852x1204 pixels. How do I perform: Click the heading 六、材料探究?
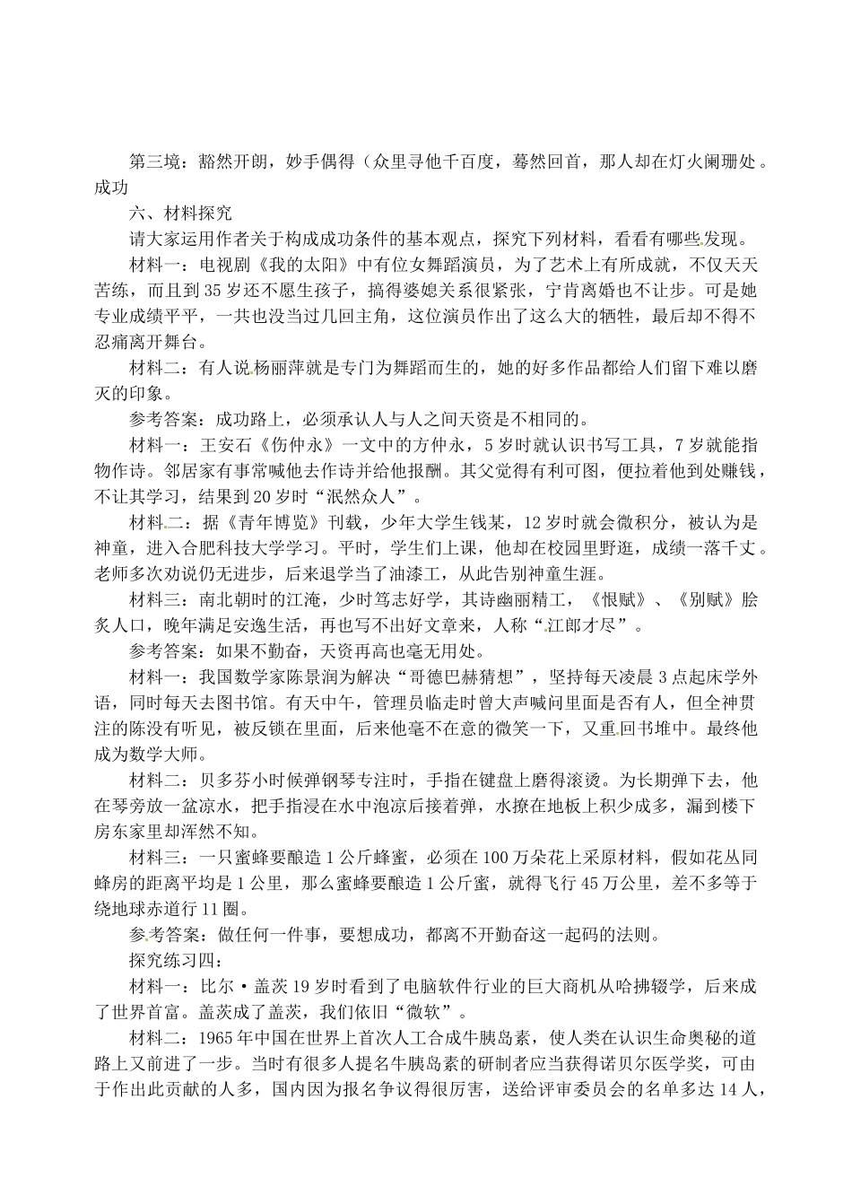point(180,213)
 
